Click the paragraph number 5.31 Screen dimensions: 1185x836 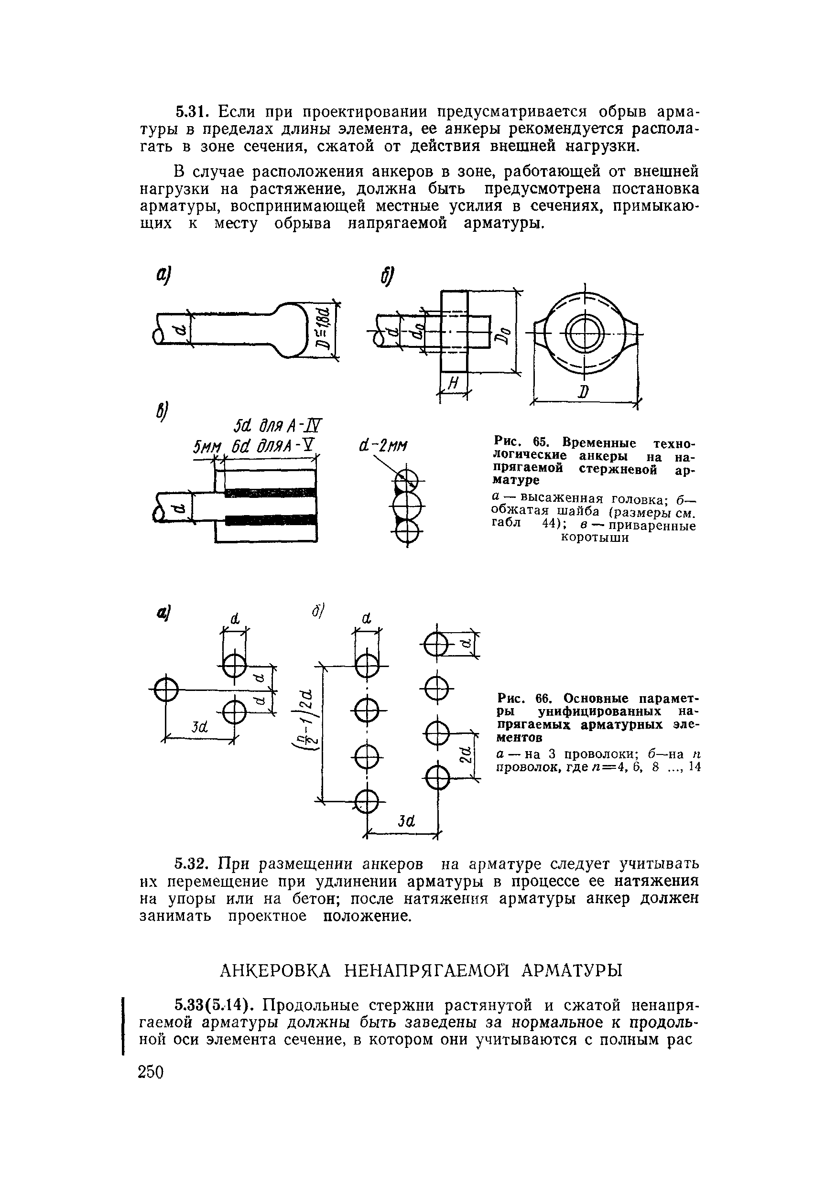pyautogui.click(x=192, y=111)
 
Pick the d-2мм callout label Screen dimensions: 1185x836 pyautogui.click(x=382, y=444)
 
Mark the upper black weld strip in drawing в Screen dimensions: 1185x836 pyautogui.click(x=270, y=492)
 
